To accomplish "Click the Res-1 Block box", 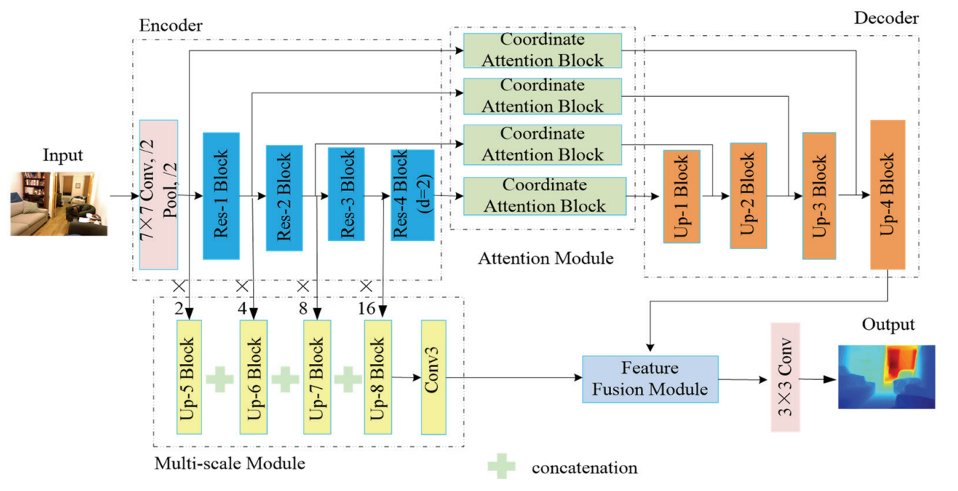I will pyautogui.click(x=221, y=196).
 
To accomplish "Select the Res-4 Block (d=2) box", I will pyautogui.click(x=412, y=196).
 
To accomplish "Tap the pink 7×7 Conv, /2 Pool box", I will pyautogui.click(x=159, y=194).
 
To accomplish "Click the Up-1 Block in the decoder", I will pyautogui.click(x=681, y=196).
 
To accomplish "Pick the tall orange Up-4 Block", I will pyautogui.click(x=887, y=194).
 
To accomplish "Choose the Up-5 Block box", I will pyautogui.click(x=190, y=377).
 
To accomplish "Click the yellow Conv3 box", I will pyautogui.click(x=433, y=377).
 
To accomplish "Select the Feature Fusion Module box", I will pyautogui.click(x=649, y=379).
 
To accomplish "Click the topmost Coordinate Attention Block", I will pyautogui.click(x=542, y=50).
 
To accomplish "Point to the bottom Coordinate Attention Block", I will pyautogui.click(x=542, y=196).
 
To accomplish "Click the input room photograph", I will pyautogui.click(x=59, y=204).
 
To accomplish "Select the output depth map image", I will pyautogui.click(x=886, y=376).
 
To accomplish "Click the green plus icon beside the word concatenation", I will pyautogui.click(x=501, y=467).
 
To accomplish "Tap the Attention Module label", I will pyautogui.click(x=545, y=259).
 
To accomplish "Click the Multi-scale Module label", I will pyautogui.click(x=229, y=463).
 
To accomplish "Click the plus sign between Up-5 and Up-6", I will pyautogui.click(x=219, y=379).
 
